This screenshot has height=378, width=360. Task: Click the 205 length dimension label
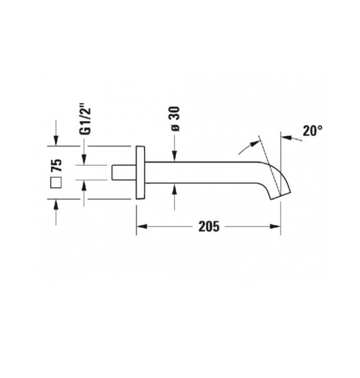[x=209, y=227]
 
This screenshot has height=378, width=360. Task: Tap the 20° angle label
[x=312, y=131]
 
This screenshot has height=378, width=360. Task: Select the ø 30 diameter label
[x=176, y=119]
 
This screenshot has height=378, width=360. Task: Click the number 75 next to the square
[x=57, y=165]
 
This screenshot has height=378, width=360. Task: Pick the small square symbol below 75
[x=56, y=182]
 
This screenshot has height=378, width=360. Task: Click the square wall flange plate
[x=140, y=172]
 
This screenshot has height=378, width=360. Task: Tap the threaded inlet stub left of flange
[x=124, y=172]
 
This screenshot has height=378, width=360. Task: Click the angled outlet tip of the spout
[x=281, y=195]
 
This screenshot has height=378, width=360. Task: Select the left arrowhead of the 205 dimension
[x=142, y=227]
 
